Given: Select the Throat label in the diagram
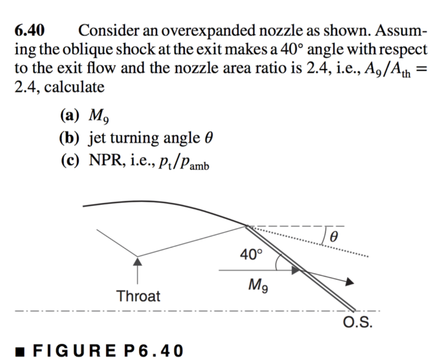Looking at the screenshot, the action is click(x=138, y=296).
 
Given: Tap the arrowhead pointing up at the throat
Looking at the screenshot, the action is click(x=138, y=261).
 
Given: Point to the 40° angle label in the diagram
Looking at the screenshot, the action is click(x=251, y=254).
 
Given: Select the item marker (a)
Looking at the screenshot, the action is click(x=70, y=115).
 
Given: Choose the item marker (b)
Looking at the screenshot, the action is click(x=70, y=138).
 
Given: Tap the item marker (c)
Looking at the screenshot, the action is click(x=70, y=161).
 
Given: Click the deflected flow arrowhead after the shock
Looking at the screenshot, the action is click(x=349, y=282).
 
